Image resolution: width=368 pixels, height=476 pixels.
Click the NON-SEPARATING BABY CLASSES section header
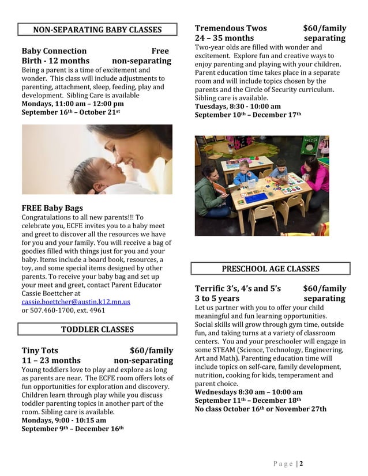tap(97, 30)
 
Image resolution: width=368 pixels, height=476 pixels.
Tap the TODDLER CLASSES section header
tap(97, 329)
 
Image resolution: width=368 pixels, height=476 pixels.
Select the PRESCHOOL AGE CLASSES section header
tap(270, 269)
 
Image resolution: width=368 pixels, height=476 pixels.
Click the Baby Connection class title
tap(54, 51)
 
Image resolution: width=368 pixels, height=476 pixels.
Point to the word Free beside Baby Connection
tap(160, 51)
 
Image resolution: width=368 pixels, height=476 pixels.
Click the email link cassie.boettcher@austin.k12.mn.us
tap(76, 301)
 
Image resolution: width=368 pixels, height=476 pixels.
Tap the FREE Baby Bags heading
tap(52, 208)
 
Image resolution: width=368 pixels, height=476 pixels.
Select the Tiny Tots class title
tap(40, 350)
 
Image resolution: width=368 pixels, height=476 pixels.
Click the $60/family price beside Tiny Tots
tap(151, 350)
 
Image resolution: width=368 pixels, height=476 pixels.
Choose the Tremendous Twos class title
tap(231, 28)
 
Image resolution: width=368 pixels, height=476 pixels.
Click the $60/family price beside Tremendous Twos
tap(324, 28)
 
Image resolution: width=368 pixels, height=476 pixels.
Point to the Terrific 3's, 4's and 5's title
tap(238, 288)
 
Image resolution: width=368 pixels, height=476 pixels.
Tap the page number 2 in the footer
tap(301, 463)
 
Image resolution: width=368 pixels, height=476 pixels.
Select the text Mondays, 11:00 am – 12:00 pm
tap(73, 104)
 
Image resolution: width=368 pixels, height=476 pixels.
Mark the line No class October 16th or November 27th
tap(260, 409)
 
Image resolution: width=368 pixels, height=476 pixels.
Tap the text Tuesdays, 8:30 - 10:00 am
tap(238, 107)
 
